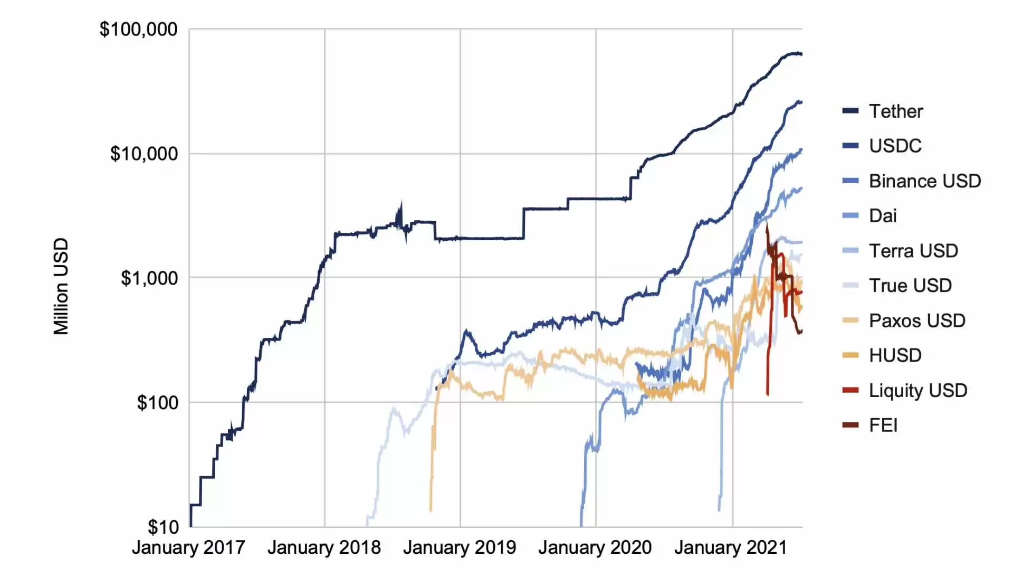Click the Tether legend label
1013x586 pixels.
pos(896,111)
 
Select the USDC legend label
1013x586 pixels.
pos(895,146)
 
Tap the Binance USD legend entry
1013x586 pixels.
pos(925,181)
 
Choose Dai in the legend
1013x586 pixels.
pos(883,216)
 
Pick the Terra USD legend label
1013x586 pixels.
pos(913,251)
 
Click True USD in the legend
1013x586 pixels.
pos(910,286)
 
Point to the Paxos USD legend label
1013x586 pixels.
pos(917,320)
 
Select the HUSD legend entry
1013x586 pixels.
pos(895,355)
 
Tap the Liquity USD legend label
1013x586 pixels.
pos(918,391)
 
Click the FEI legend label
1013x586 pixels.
pos(883,426)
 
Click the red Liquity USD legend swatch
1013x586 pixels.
pos(850,391)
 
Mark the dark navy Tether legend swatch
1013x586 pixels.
pos(850,111)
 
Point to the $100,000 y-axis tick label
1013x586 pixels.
pos(138,30)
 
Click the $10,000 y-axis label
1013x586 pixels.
pos(144,154)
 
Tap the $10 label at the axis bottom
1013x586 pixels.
pos(163,527)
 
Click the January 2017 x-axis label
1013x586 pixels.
pos(188,547)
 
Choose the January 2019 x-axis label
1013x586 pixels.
pos(460,547)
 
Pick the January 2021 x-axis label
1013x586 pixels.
pos(731,547)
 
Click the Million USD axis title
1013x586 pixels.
pos(61,286)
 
